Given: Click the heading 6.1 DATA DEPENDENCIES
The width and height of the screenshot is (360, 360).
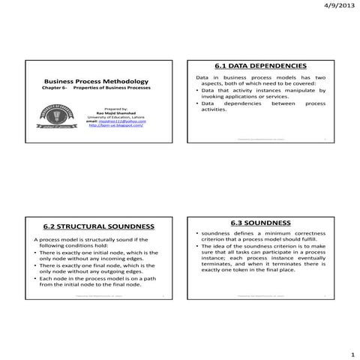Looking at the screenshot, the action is tap(261, 67).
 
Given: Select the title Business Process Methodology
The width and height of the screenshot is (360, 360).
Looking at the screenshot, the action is tap(96, 81).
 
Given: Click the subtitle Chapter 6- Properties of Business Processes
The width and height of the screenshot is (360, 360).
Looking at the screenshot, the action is tap(96, 88).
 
